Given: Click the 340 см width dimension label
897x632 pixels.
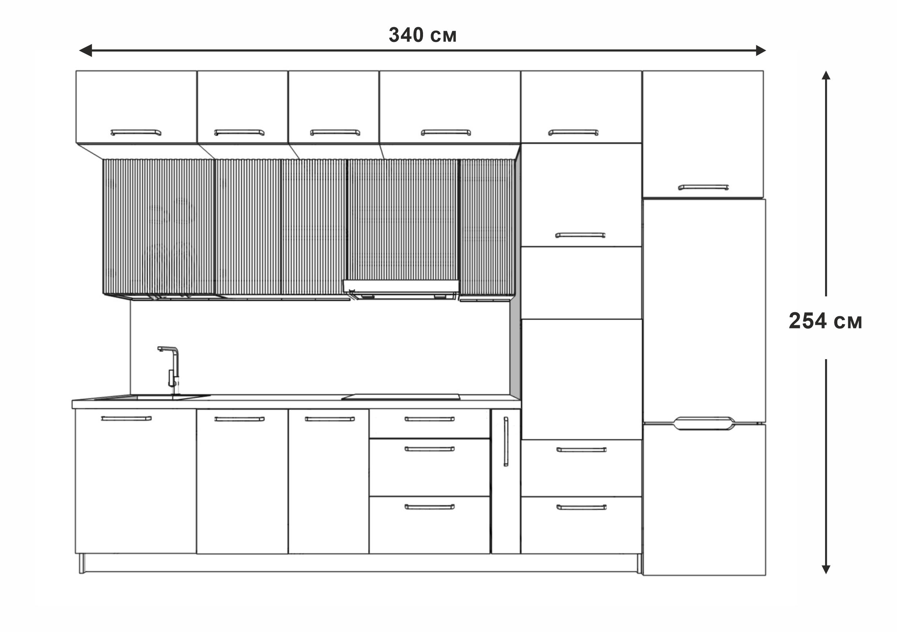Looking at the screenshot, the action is coord(422,35).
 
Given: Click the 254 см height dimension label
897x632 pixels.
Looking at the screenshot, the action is coord(825,321).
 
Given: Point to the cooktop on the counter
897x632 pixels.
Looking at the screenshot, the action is coord(401,397).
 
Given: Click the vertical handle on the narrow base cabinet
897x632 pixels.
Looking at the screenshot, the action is coord(505,442).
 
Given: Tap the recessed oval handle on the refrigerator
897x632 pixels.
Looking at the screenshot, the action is coord(704,423).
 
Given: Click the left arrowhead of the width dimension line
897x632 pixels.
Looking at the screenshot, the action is coord(85,50).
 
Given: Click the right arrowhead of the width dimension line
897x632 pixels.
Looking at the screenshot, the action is coord(761,50).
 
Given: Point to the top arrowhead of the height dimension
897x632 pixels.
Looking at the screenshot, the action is coord(825,75).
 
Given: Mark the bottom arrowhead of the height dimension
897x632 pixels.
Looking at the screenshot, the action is coord(825,569).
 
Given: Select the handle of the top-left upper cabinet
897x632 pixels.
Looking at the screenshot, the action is coord(136,132).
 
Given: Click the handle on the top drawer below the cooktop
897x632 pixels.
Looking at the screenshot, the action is coord(430,419).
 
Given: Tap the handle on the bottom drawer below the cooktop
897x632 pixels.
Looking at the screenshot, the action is coord(430,507).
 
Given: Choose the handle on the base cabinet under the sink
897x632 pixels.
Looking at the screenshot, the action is coord(126,418).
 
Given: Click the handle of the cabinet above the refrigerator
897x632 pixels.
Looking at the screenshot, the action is coord(703,188).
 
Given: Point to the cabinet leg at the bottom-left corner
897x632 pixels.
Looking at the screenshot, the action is coord(82,564).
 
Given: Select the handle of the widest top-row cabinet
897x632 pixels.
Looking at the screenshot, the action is coord(446,132).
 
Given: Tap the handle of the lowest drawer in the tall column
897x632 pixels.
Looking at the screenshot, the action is coord(581,507).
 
